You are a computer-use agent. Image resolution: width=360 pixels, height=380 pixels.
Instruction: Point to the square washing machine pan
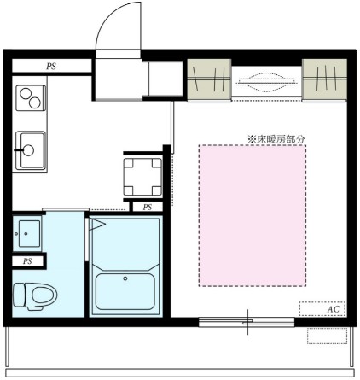(142, 174)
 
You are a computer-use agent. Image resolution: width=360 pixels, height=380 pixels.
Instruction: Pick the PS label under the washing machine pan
(147, 207)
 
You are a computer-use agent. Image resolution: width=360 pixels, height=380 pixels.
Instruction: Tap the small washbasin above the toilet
(27, 231)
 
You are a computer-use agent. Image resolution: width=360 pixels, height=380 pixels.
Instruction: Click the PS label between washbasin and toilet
(27, 260)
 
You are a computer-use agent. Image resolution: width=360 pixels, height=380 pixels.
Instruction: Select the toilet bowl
(33, 295)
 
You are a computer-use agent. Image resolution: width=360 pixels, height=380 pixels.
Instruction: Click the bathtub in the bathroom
(125, 290)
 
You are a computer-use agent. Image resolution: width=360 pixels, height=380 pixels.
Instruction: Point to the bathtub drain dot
(125, 278)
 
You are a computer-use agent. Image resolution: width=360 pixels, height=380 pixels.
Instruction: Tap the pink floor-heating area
(253, 214)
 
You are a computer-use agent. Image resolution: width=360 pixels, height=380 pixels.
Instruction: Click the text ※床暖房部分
(276, 137)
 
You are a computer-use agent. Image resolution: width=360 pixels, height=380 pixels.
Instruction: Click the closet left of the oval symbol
(209, 81)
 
